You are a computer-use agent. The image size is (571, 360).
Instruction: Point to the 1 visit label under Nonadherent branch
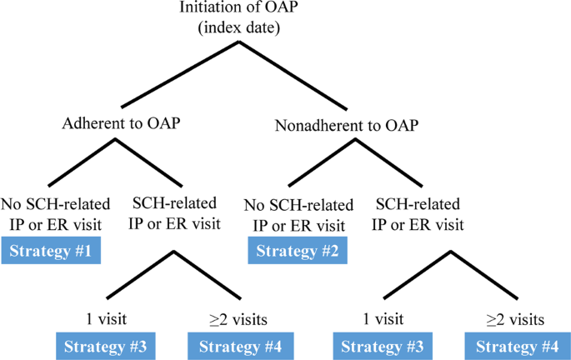point(384,319)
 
